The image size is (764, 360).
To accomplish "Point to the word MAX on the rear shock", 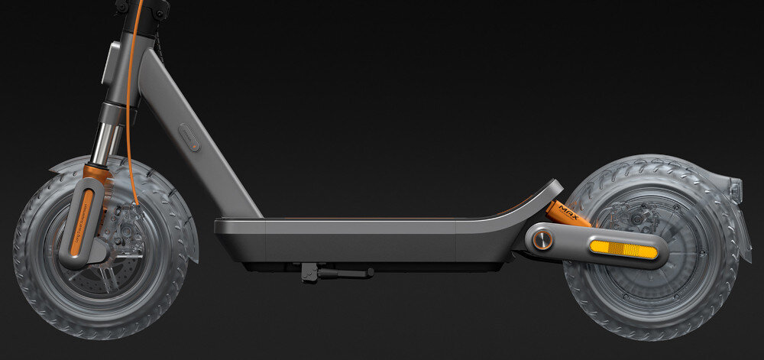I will [x=568, y=208].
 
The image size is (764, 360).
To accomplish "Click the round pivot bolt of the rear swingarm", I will [x=542, y=239].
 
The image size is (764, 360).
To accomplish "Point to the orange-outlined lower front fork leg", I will [x=83, y=222].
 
